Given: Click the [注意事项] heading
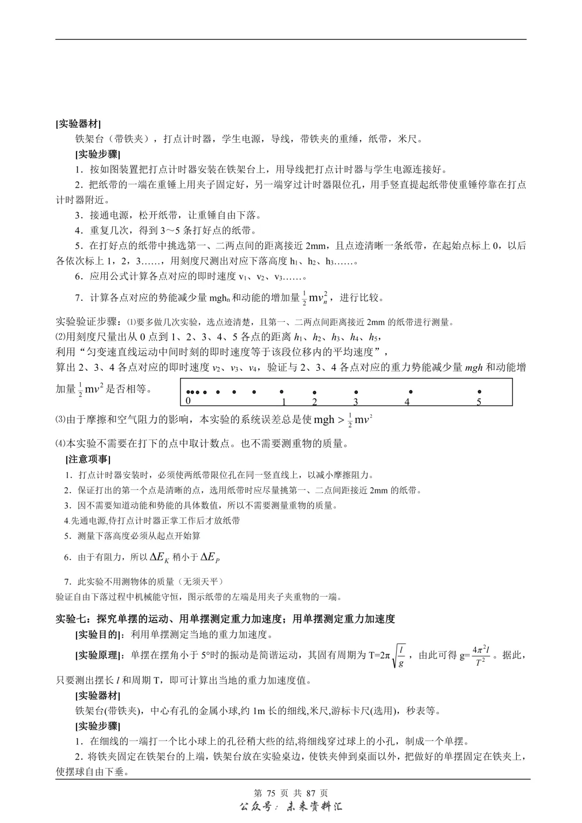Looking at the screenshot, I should [88, 459].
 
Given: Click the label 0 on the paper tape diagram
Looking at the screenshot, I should [188, 401].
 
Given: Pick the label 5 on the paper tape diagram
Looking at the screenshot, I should [479, 402].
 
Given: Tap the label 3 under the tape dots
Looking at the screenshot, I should [356, 402].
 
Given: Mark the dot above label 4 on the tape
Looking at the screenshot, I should [411, 392].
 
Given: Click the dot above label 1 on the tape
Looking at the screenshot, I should [281, 392].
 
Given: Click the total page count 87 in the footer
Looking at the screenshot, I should [310, 793].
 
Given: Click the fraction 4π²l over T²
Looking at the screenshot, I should [480, 655].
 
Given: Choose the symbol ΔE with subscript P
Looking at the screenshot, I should [210, 557].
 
